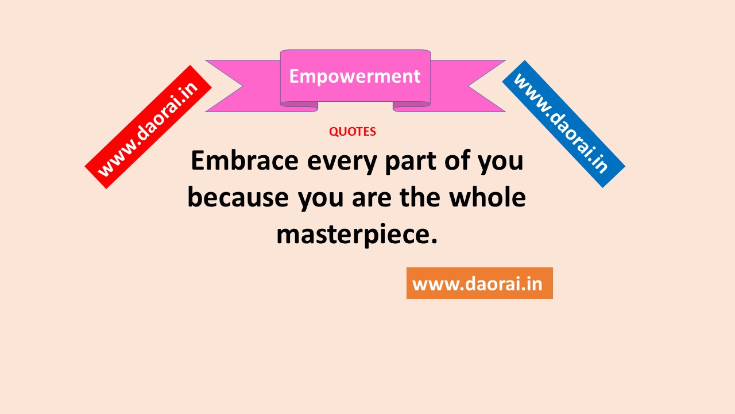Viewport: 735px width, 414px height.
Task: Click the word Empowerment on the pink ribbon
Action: click(355, 77)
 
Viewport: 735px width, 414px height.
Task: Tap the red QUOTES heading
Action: click(353, 132)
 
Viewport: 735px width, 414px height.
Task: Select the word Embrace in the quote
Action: click(245, 160)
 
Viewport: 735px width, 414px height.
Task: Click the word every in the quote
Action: click(342, 163)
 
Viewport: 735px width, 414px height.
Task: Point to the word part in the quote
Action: click(411, 162)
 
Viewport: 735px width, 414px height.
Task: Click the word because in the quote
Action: click(238, 197)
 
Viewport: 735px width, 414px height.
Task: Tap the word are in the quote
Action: click(372, 199)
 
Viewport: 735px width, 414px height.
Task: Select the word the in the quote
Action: click(420, 197)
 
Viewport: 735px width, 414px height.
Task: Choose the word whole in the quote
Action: click(488, 197)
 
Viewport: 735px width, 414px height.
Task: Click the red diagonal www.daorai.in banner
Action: click(148, 127)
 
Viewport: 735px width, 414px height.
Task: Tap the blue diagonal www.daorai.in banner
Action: click(564, 124)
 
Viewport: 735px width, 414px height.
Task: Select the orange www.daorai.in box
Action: click(479, 283)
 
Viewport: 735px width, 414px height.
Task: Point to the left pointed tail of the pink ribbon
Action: click(243, 86)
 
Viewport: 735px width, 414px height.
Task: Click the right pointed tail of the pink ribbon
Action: click(467, 86)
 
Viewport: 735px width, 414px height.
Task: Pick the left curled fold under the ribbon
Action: click(299, 106)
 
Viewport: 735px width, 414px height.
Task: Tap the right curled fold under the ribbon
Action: click(412, 106)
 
